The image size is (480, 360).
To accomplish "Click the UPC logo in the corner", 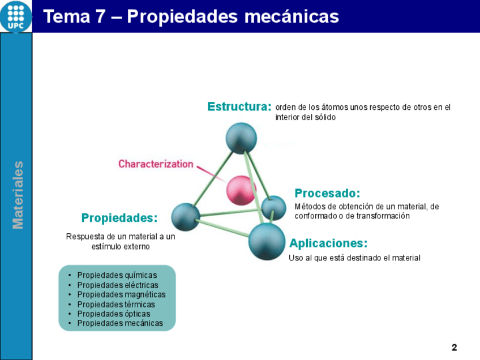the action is pyautogui.click(x=16, y=16).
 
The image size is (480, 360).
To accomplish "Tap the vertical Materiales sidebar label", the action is pyautogui.click(x=18, y=195).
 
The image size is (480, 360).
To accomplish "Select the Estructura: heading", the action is pyautogui.click(x=239, y=106).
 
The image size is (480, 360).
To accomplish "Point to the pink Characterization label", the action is pyautogui.click(x=156, y=164).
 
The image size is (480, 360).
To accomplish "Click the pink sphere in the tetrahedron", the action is pyautogui.click(x=241, y=190).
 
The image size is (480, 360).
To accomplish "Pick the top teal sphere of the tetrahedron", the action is pyautogui.click(x=241, y=138).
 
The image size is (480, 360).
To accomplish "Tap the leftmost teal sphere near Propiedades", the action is pyautogui.click(x=186, y=217).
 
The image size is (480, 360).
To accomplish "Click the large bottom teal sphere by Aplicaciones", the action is pyautogui.click(x=267, y=241).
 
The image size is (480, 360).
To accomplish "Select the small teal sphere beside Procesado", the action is pyautogui.click(x=274, y=208).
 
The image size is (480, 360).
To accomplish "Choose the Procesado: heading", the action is pyautogui.click(x=328, y=194).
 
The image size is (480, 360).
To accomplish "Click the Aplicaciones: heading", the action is pyautogui.click(x=328, y=243).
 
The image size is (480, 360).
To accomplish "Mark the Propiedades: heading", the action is pyautogui.click(x=119, y=218).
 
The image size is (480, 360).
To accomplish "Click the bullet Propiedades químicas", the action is pyautogui.click(x=117, y=276).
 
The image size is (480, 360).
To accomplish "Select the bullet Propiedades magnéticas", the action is pyautogui.click(x=121, y=295).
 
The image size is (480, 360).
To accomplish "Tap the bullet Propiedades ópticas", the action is pyautogui.click(x=113, y=314).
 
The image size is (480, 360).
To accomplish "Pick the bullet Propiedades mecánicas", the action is pyautogui.click(x=120, y=324).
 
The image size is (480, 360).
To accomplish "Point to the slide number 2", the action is pyautogui.click(x=454, y=347).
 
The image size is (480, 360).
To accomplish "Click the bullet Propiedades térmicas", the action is pyautogui.click(x=115, y=305).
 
